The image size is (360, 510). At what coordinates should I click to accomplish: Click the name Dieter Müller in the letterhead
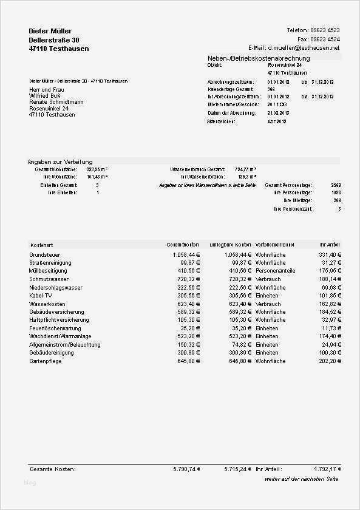50,31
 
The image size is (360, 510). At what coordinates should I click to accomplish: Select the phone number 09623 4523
326,30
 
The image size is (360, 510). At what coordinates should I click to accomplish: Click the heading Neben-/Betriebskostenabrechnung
259,58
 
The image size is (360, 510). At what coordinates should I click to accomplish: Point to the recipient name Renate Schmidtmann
56,102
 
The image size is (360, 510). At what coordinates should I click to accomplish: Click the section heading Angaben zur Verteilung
60,162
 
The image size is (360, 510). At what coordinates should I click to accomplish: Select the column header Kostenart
41,244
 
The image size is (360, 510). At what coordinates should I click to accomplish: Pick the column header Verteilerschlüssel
274,244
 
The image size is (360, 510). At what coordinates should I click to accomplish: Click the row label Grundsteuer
45,255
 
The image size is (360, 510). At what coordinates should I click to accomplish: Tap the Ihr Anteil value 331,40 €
330,255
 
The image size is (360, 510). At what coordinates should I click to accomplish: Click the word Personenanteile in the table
275,271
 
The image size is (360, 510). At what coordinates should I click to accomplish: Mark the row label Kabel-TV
41,296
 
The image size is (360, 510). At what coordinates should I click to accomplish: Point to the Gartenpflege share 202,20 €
330,361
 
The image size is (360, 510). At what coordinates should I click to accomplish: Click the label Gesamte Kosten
52,469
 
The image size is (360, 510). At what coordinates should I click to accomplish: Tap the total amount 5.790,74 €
186,469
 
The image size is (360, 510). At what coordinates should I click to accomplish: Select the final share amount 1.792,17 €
328,469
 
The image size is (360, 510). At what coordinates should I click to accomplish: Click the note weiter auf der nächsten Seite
302,480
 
